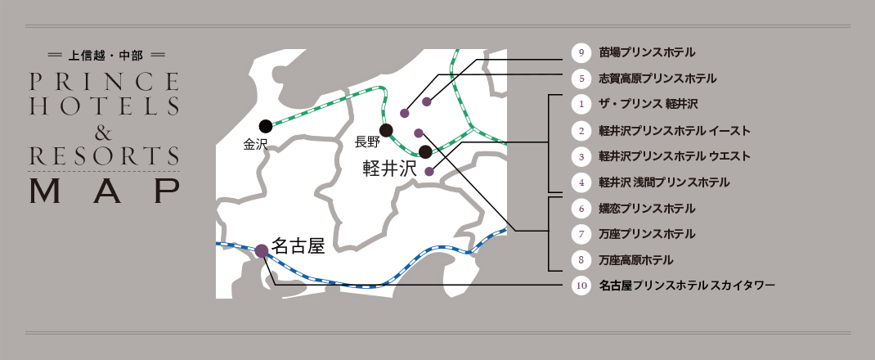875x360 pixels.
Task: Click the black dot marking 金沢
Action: (x=265, y=126)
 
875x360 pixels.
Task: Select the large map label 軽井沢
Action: (x=389, y=169)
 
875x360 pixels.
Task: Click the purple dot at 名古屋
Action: (x=262, y=251)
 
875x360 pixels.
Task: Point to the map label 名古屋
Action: (x=298, y=245)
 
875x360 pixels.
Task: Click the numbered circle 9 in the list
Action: (x=581, y=53)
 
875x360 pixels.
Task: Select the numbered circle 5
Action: (x=581, y=79)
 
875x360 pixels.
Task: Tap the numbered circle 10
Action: (x=581, y=286)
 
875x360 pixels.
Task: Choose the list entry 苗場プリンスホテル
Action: (x=646, y=53)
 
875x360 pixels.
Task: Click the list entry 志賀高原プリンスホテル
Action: (x=657, y=79)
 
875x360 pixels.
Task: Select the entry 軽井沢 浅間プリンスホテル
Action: (x=664, y=182)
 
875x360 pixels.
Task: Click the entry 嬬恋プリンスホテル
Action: (x=646, y=209)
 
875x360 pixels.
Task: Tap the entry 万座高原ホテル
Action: (x=635, y=260)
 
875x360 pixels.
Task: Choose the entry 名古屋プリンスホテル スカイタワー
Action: (x=686, y=286)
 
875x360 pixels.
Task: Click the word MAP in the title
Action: (x=104, y=190)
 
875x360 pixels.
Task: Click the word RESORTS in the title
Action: (x=104, y=155)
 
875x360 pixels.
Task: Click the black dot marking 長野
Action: (x=386, y=130)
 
